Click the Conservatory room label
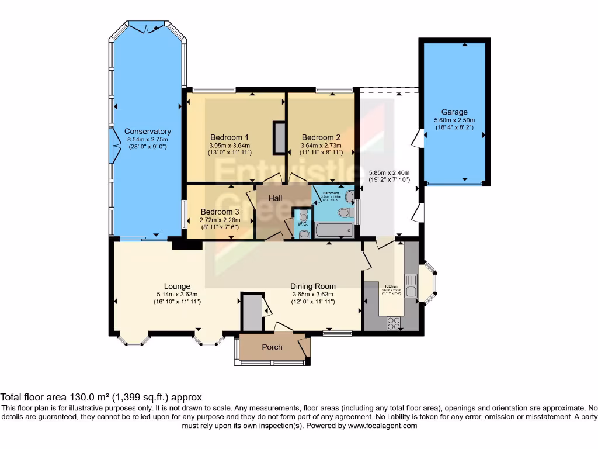pos(147,132)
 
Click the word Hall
pos(276,198)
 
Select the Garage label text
pos(454,112)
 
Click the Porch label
pos(272,347)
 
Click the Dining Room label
pos(312,286)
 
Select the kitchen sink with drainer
pos(411,286)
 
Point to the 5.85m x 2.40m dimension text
pos(389,172)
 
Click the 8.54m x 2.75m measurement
pos(147,139)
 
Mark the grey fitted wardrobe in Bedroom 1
pos(279,138)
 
